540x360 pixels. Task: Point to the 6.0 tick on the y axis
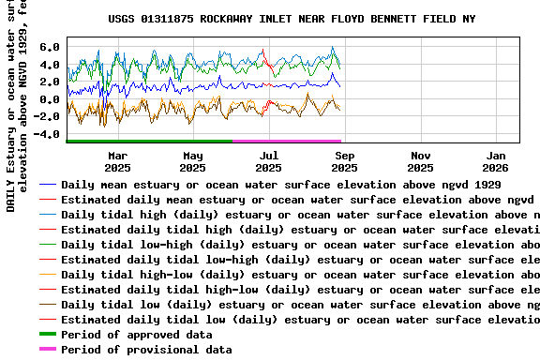[x=50, y=47]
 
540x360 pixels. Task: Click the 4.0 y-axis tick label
[x=50, y=65]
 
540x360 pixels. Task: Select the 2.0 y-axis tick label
[x=50, y=82]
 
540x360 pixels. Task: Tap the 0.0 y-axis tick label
[x=50, y=99]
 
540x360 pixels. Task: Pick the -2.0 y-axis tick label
[x=46, y=116]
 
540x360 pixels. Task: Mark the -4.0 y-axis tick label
[x=46, y=134]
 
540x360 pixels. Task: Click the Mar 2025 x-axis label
[x=118, y=161]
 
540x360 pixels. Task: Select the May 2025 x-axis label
[x=193, y=161]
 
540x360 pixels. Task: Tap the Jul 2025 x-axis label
[x=269, y=161]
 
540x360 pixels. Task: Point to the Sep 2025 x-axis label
[x=345, y=161]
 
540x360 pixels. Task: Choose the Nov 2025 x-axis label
[x=421, y=161]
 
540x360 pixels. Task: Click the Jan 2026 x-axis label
[x=497, y=161]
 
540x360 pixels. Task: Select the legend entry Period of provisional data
[x=145, y=350]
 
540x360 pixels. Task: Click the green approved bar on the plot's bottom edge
[x=150, y=141]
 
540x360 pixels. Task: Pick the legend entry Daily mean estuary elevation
[x=281, y=185]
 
